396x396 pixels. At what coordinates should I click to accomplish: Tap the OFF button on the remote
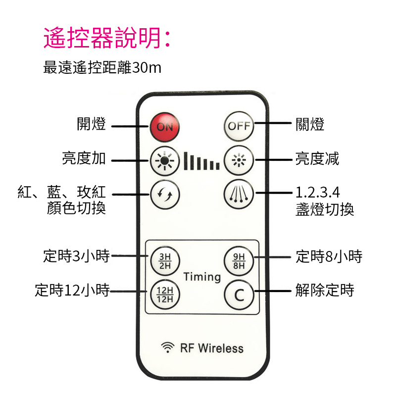pos(239,126)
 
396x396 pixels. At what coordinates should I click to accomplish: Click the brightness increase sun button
pos(165,160)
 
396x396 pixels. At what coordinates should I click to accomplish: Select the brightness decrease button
pos(239,160)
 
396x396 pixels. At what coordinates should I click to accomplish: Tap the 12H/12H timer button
pos(165,295)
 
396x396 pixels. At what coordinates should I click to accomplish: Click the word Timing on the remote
pos(202,276)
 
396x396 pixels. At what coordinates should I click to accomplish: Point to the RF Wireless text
pos(211,348)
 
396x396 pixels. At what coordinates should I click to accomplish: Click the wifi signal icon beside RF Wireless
pos(168,347)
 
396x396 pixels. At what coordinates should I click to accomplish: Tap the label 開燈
pos(92,124)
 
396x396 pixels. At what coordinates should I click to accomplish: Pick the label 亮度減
pos(317,159)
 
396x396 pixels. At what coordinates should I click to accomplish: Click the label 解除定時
pos(325,290)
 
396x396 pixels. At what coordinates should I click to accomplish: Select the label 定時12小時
pos(72,290)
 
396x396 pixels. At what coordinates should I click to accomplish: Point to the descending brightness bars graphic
pos(201,161)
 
